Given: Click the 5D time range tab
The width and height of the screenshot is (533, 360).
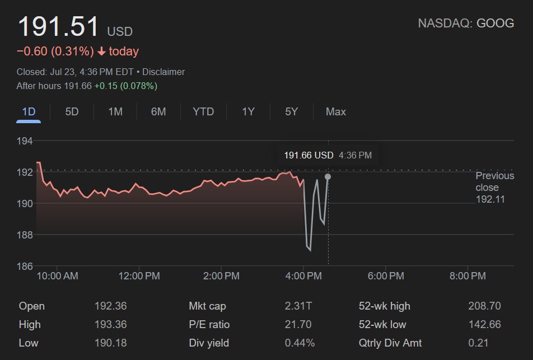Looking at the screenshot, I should pos(72,111).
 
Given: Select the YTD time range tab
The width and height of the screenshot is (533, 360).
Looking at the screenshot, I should pos(203,111).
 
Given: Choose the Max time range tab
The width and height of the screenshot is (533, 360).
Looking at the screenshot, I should pos(335,111).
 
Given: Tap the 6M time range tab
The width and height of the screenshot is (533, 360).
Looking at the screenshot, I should pos(158,111).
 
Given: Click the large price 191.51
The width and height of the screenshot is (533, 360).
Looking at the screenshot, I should pos(58,27).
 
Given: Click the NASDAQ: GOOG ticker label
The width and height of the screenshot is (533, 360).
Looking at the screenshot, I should pos(466,23).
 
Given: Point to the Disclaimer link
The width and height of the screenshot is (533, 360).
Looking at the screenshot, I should pos(163,72).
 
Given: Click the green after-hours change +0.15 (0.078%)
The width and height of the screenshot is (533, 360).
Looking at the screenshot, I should pos(125,86).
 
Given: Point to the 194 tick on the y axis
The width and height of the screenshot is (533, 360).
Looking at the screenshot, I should pos(25,141).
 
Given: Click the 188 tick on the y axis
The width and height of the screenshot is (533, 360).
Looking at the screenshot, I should pos(25,235).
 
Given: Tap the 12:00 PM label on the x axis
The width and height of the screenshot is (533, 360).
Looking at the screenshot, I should pos(139,276).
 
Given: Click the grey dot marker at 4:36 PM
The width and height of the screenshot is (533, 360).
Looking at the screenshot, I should pos(328,177).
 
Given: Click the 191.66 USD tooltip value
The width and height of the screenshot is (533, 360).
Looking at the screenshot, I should pos(308,155).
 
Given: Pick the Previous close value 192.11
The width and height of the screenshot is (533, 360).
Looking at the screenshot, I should pos(490,199).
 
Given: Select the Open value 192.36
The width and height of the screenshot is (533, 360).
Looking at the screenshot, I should pos(110,306).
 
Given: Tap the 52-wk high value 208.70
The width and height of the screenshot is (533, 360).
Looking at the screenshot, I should pos(484,306).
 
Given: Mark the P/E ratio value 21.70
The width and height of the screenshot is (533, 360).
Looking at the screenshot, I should pos(298,325).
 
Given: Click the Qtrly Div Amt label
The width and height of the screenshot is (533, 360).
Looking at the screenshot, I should pos(390,343).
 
